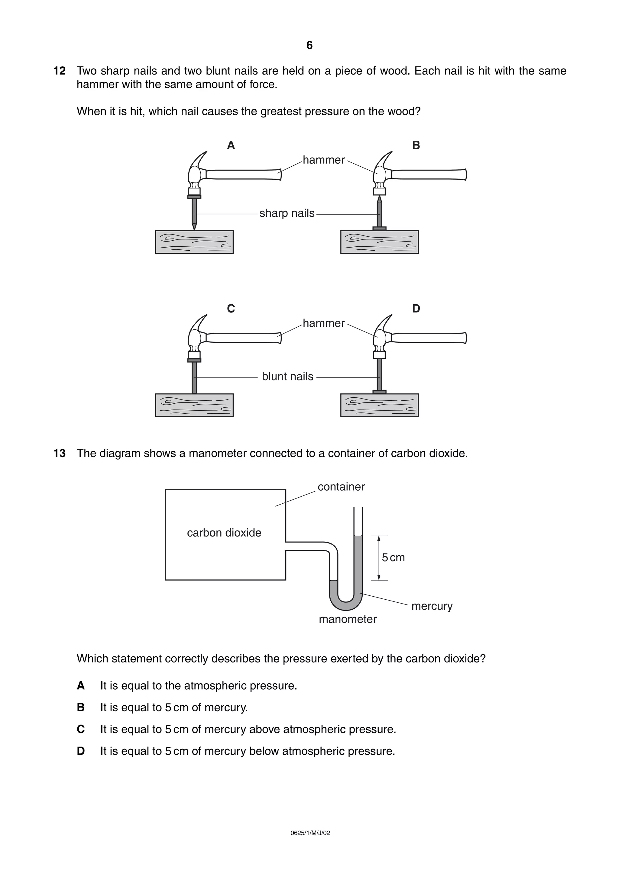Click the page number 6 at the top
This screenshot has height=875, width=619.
point(309,45)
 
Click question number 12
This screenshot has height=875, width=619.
point(60,71)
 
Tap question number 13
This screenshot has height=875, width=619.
point(60,453)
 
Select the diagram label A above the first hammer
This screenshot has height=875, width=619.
point(231,145)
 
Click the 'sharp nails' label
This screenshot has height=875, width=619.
point(287,213)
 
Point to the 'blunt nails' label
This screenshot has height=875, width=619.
point(287,377)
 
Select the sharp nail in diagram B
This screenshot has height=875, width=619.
point(379,213)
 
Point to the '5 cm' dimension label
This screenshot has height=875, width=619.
point(393,558)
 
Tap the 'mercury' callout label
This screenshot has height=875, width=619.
point(432,606)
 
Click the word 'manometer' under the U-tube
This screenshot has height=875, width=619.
point(348,619)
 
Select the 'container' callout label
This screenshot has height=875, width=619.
point(341,487)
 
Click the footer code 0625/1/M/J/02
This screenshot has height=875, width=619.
point(310,833)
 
